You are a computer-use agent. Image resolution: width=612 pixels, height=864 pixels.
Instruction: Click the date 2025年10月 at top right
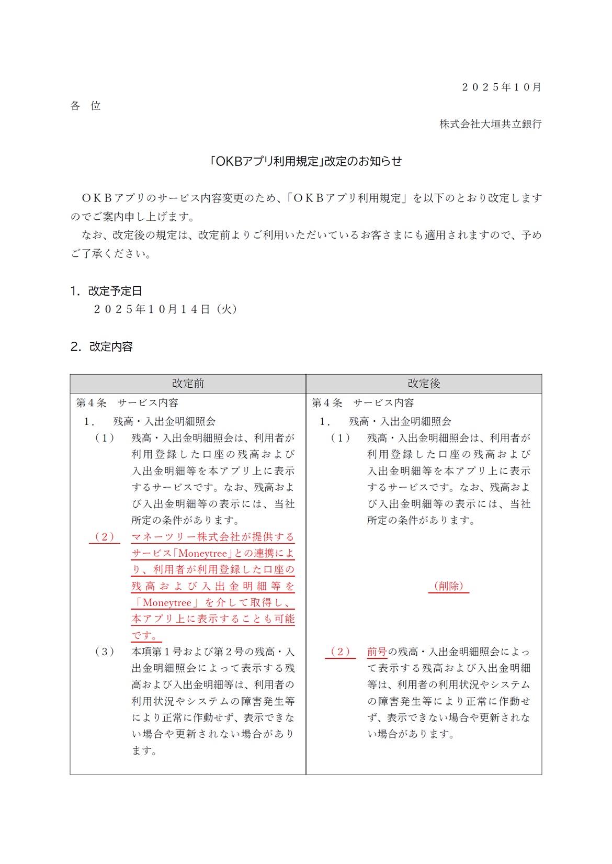click(501, 87)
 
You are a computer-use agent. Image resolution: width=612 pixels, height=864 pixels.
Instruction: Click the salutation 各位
click(85, 106)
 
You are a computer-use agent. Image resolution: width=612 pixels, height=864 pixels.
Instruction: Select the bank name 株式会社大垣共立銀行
click(490, 124)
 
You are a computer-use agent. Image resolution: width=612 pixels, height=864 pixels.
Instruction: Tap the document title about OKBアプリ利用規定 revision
click(305, 161)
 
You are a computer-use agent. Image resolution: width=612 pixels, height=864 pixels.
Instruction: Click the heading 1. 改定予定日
click(106, 291)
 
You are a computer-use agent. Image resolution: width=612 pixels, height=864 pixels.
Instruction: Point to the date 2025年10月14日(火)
click(165, 309)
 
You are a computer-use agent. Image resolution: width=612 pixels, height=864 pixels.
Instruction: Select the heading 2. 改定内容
click(101, 346)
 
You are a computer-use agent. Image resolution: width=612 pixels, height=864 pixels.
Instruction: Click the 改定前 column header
click(188, 384)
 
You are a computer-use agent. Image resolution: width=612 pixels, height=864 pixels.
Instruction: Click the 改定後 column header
click(424, 384)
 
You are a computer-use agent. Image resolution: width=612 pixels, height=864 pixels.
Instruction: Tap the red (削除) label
click(449, 586)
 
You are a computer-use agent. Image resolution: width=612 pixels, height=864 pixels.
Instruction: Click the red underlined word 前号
click(377, 652)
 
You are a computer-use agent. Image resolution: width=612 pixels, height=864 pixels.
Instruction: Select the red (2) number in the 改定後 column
click(340, 652)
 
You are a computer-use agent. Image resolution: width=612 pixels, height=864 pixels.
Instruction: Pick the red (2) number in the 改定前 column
click(104, 537)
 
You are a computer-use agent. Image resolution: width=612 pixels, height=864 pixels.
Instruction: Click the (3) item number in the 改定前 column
click(104, 652)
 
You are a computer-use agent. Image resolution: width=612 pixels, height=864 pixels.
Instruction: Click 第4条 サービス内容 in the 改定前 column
click(127, 403)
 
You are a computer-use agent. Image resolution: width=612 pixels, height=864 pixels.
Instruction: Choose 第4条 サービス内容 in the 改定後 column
click(363, 403)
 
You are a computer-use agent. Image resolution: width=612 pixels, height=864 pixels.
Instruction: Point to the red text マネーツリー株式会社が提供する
click(213, 537)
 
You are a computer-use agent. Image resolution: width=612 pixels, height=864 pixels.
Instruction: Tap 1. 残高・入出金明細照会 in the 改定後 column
click(386, 421)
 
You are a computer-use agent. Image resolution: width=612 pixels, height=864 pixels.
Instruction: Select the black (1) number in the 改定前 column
click(104, 438)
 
